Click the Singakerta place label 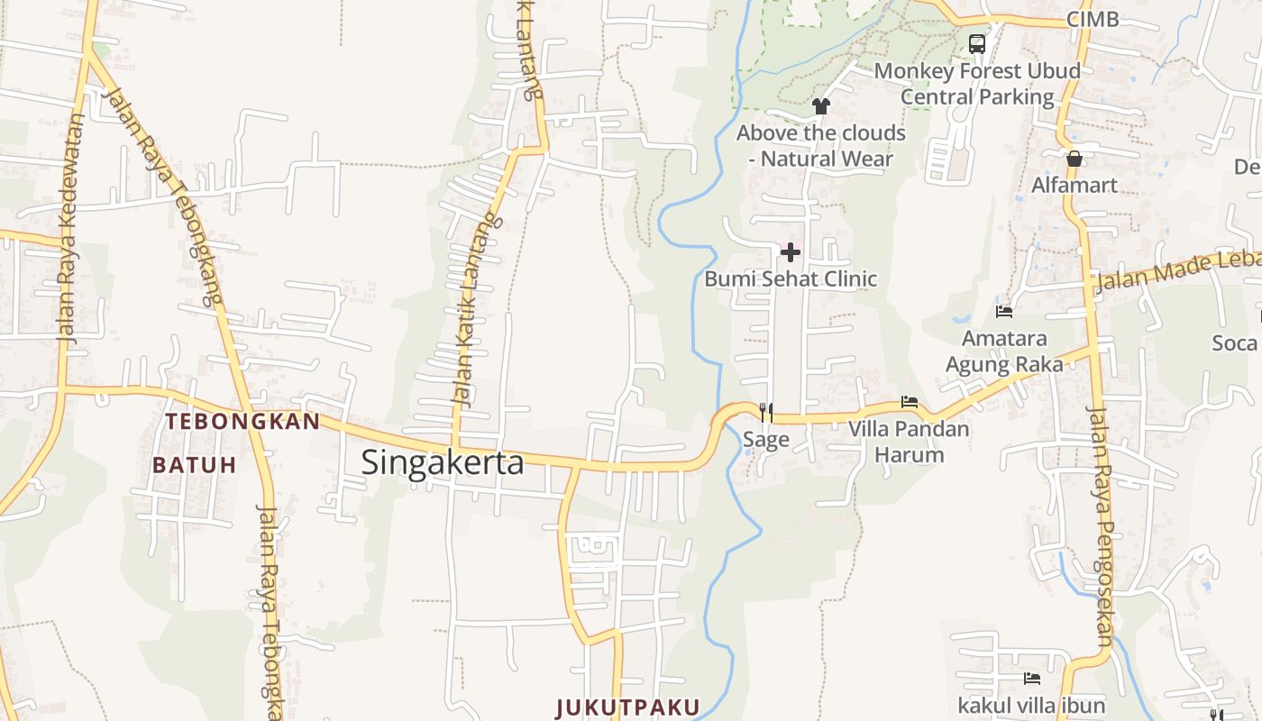tap(443, 462)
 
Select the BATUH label tap(195, 465)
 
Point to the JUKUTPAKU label tap(627, 707)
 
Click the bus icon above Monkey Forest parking tap(977, 43)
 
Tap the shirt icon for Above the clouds tap(820, 106)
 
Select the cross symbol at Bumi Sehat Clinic tap(791, 252)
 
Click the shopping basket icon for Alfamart tap(1075, 160)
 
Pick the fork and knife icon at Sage tap(766, 413)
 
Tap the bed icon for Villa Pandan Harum tap(910, 402)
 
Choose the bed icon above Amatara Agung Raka tap(1004, 312)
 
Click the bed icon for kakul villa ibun tap(1032, 678)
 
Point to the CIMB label tap(1093, 20)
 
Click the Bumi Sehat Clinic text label tap(791, 278)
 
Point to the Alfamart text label tap(1075, 186)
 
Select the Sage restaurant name tap(766, 440)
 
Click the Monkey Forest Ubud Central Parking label tap(977, 84)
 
